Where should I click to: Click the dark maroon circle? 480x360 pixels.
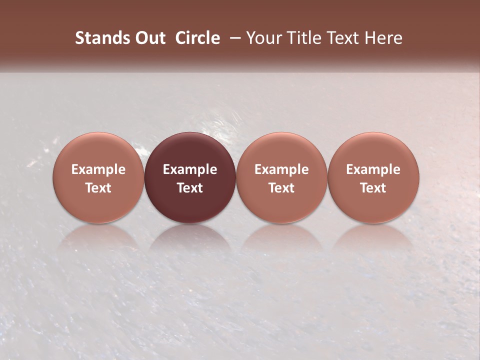tap(190, 177)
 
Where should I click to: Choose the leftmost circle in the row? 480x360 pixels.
tap(98, 177)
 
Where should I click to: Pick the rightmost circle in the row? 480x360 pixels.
tap(373, 177)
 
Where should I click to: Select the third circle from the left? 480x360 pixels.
tap(281, 177)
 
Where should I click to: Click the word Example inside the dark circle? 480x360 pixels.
tap(190, 169)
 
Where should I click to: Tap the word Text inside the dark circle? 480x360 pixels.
tap(190, 188)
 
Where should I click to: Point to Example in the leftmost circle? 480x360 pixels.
tap(98, 169)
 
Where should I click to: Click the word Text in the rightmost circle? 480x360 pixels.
tap(373, 188)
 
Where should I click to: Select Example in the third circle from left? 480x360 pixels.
tap(281, 169)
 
